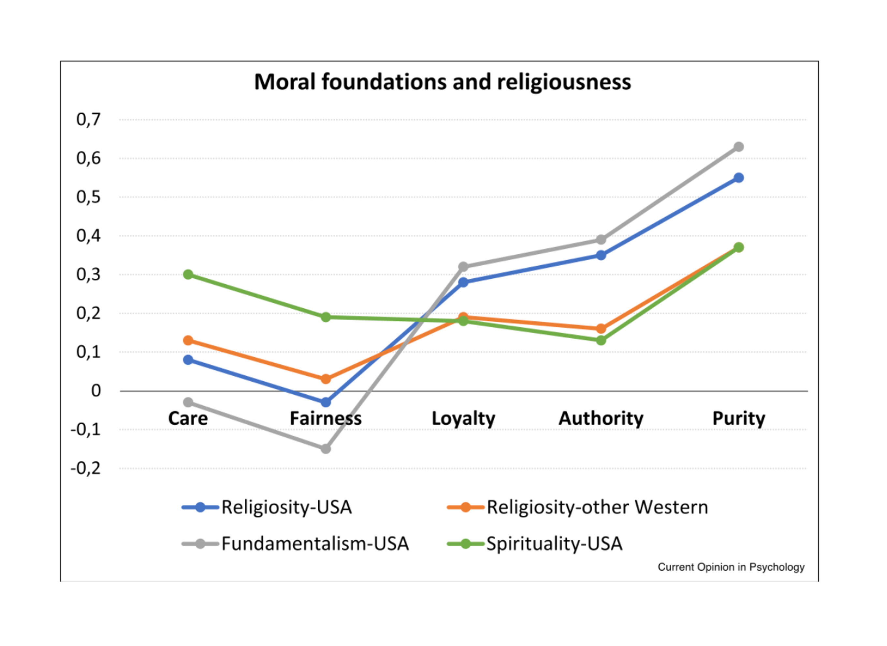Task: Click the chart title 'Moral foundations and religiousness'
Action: point(443,82)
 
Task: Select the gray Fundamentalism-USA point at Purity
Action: point(738,147)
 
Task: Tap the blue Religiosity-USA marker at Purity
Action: point(738,178)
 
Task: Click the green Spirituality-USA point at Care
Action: point(188,274)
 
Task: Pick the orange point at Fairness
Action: point(326,379)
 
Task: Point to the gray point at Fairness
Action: point(326,449)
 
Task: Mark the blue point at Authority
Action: point(601,255)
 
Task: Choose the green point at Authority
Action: point(601,341)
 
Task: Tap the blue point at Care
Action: point(188,360)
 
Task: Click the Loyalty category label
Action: point(463,418)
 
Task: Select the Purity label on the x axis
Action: point(738,418)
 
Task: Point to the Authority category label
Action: point(601,418)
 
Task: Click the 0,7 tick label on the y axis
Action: point(88,119)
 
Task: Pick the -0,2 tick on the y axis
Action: point(86,468)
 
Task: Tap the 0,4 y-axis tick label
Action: point(88,236)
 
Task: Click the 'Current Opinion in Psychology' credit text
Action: point(731,567)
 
